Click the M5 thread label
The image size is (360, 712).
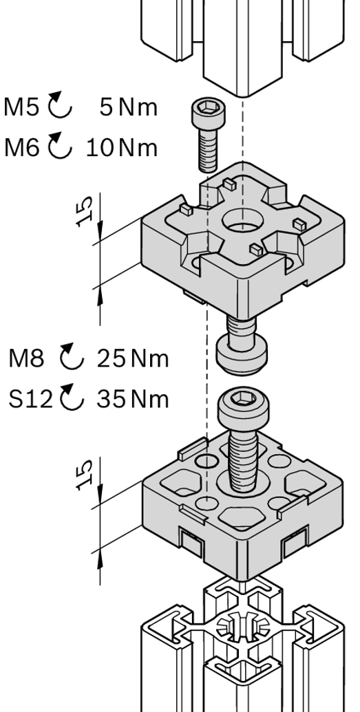point(21,107)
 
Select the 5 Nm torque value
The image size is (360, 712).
point(128,107)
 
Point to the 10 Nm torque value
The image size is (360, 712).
point(121,148)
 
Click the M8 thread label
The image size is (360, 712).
point(26,358)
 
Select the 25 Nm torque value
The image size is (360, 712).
point(132,358)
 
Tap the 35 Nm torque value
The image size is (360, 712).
point(132,399)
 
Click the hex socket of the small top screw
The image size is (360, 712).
point(209,107)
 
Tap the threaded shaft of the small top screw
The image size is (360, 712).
point(208,148)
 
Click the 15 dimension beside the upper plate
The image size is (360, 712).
point(85,211)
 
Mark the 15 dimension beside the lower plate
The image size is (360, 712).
point(85,475)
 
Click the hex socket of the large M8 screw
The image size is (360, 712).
point(240,399)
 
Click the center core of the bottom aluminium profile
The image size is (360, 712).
point(242,629)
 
